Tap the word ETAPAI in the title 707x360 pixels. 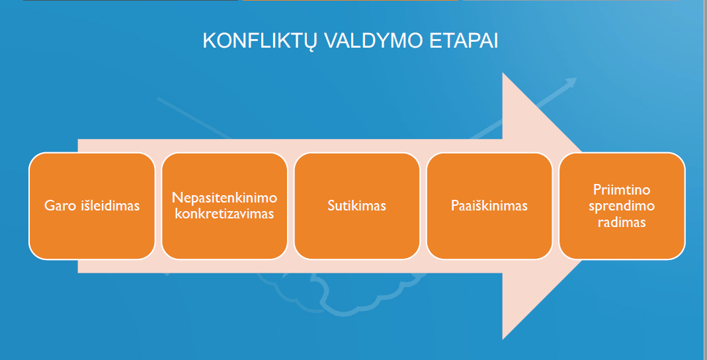pos(464,40)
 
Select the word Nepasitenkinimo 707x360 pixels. pos(225,198)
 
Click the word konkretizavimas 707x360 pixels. pos(225,213)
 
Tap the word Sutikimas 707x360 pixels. pos(356,206)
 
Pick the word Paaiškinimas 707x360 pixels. pos(489,206)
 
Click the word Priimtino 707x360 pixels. pos(622,189)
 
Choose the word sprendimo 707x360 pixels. pos(622,206)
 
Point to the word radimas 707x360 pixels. pos(622,222)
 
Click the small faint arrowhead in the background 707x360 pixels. pos(571,82)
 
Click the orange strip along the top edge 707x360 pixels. pos(351,1)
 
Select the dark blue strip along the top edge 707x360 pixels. pos(131,1)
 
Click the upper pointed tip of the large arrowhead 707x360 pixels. pos(503,73)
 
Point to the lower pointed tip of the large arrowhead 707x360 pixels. pos(503,339)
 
